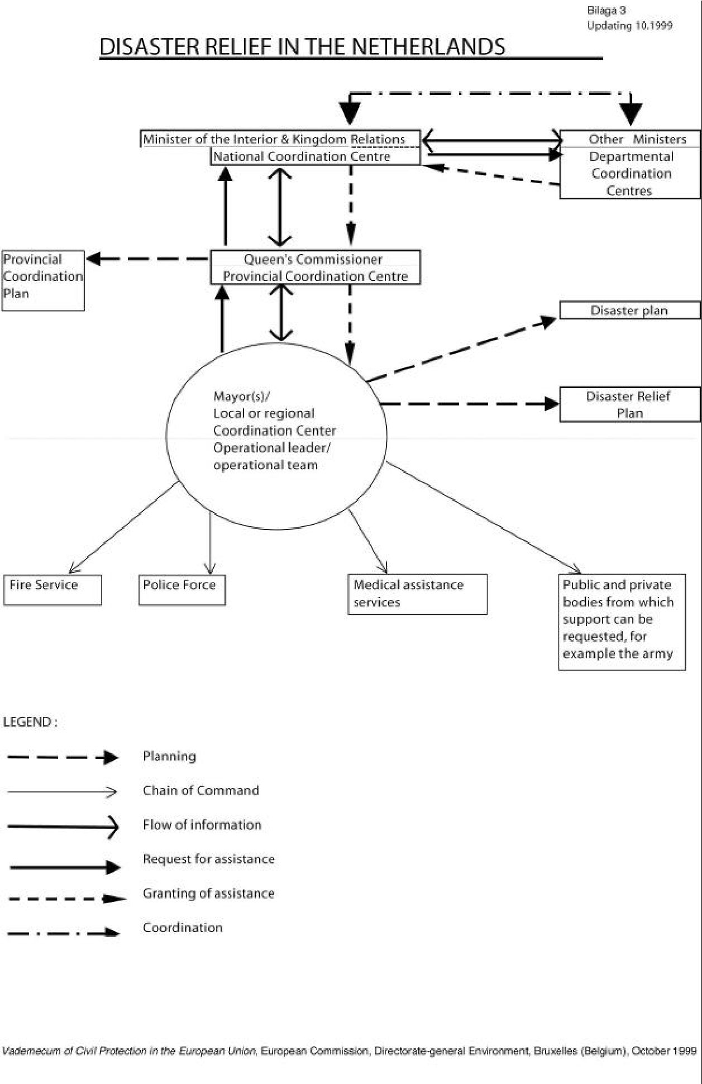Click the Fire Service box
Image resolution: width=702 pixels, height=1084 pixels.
tap(52, 590)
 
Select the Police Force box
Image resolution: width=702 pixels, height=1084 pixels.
tap(182, 590)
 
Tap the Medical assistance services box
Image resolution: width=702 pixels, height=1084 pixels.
tap(418, 594)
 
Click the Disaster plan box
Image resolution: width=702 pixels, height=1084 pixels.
tap(629, 311)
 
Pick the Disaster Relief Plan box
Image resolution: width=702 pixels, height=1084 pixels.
tap(629, 404)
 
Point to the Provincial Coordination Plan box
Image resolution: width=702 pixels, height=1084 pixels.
tap(43, 280)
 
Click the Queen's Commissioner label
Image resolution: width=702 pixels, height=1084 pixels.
tap(313, 259)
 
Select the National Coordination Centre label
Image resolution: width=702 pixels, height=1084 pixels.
tap(302, 156)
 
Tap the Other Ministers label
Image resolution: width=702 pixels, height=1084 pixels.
tap(637, 139)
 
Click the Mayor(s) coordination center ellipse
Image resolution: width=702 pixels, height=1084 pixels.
tap(276, 436)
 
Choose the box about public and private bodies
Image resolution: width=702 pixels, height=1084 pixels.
tap(622, 622)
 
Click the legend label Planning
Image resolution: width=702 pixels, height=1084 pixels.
tap(169, 756)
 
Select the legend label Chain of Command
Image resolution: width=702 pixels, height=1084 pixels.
tap(201, 790)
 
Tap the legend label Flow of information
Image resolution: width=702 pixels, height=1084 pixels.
tap(202, 825)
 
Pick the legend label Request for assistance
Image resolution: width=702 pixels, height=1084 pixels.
tap(209, 859)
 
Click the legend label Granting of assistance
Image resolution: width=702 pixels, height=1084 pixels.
tap(209, 894)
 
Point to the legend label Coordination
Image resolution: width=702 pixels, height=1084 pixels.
tap(183, 928)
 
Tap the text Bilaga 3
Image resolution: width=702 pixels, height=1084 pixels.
tap(607, 11)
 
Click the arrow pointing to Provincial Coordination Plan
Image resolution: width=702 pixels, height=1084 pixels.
tap(147, 259)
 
